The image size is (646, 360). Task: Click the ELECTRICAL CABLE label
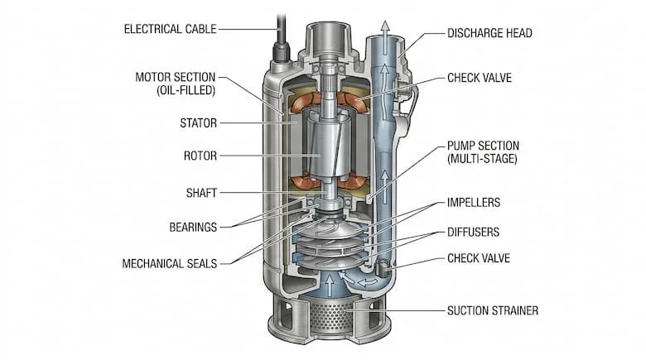pos(170,29)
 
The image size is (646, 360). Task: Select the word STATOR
pos(199,123)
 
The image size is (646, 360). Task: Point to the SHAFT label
pos(201,192)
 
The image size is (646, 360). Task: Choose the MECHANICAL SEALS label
pos(170,264)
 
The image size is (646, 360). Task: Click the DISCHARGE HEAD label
pos(489,33)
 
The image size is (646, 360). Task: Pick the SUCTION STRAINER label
pos(494,311)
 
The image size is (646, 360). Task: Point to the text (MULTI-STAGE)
pos(482,158)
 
